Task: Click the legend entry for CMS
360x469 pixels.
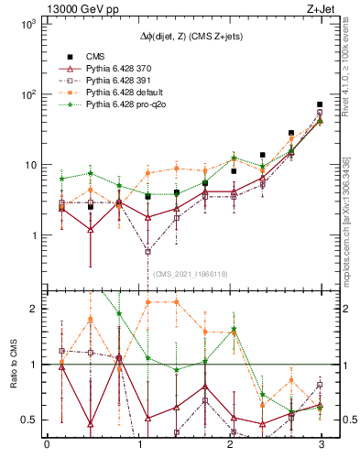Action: tap(98, 56)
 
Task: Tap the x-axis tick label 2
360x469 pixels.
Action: tap(228, 446)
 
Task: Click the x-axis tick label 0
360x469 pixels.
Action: tap(47, 446)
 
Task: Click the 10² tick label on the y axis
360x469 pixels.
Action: tap(27, 94)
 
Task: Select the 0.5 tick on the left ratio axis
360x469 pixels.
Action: tap(29, 420)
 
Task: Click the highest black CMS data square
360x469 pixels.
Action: tap(319, 104)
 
